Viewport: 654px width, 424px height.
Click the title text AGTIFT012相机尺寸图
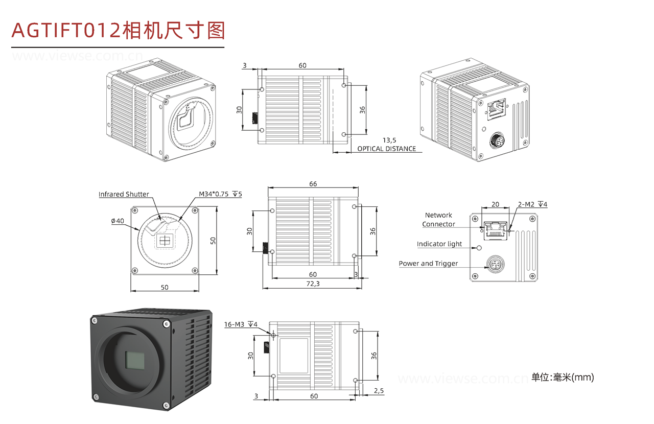pyautogui.click(x=118, y=30)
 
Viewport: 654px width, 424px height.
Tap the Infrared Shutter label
pyautogui.click(x=124, y=194)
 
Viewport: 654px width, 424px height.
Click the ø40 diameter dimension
pyautogui.click(x=117, y=221)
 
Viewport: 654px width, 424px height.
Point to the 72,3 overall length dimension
pyautogui.click(x=313, y=284)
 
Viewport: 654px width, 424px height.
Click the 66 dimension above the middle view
pyautogui.click(x=313, y=184)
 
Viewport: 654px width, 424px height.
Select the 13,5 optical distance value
pyautogui.click(x=389, y=140)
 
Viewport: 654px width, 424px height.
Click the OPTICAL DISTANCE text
pyautogui.click(x=386, y=149)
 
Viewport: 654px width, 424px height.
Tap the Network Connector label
pyautogui.click(x=438, y=220)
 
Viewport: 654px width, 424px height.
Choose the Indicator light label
pyautogui.click(x=439, y=244)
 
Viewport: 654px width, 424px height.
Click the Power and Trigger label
pyautogui.click(x=428, y=264)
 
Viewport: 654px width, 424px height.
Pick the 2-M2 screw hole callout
pyautogui.click(x=532, y=205)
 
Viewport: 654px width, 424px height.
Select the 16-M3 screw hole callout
pyautogui.click(x=241, y=324)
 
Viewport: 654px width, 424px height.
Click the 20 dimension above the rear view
pyautogui.click(x=495, y=204)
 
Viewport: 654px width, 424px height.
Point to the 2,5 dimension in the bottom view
pyautogui.click(x=379, y=390)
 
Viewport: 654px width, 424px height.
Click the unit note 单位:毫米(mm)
pyautogui.click(x=563, y=378)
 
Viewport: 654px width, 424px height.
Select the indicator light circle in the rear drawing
pyautogui.click(x=479, y=248)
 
